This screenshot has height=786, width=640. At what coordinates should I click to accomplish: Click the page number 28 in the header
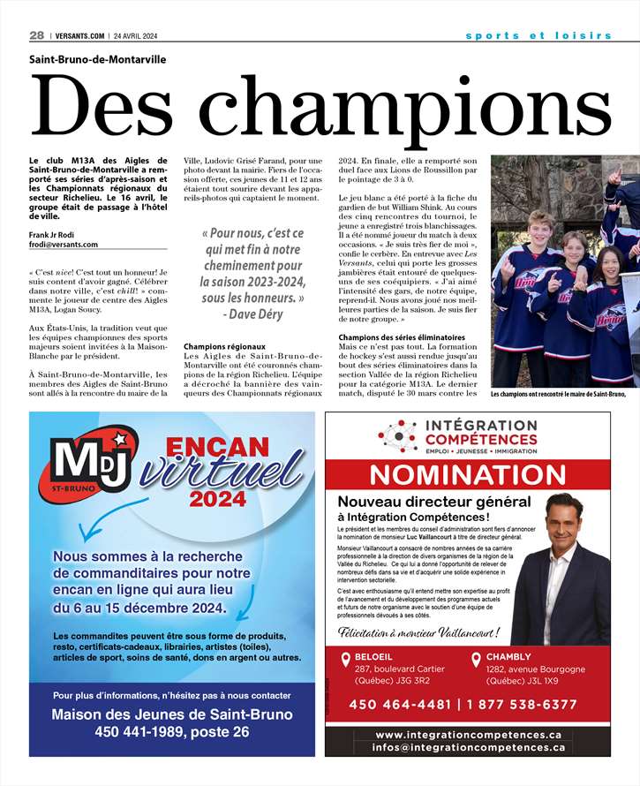[36, 35]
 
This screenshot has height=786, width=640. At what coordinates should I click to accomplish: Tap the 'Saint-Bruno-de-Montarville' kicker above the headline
[97, 60]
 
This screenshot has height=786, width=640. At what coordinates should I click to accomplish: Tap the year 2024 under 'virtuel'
[217, 501]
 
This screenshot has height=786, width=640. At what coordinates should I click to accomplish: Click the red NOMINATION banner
[467, 474]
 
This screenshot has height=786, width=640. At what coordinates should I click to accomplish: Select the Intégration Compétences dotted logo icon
[396, 435]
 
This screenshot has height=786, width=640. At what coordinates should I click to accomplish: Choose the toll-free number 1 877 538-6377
[526, 705]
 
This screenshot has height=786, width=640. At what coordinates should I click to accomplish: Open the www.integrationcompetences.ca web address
[468, 735]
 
